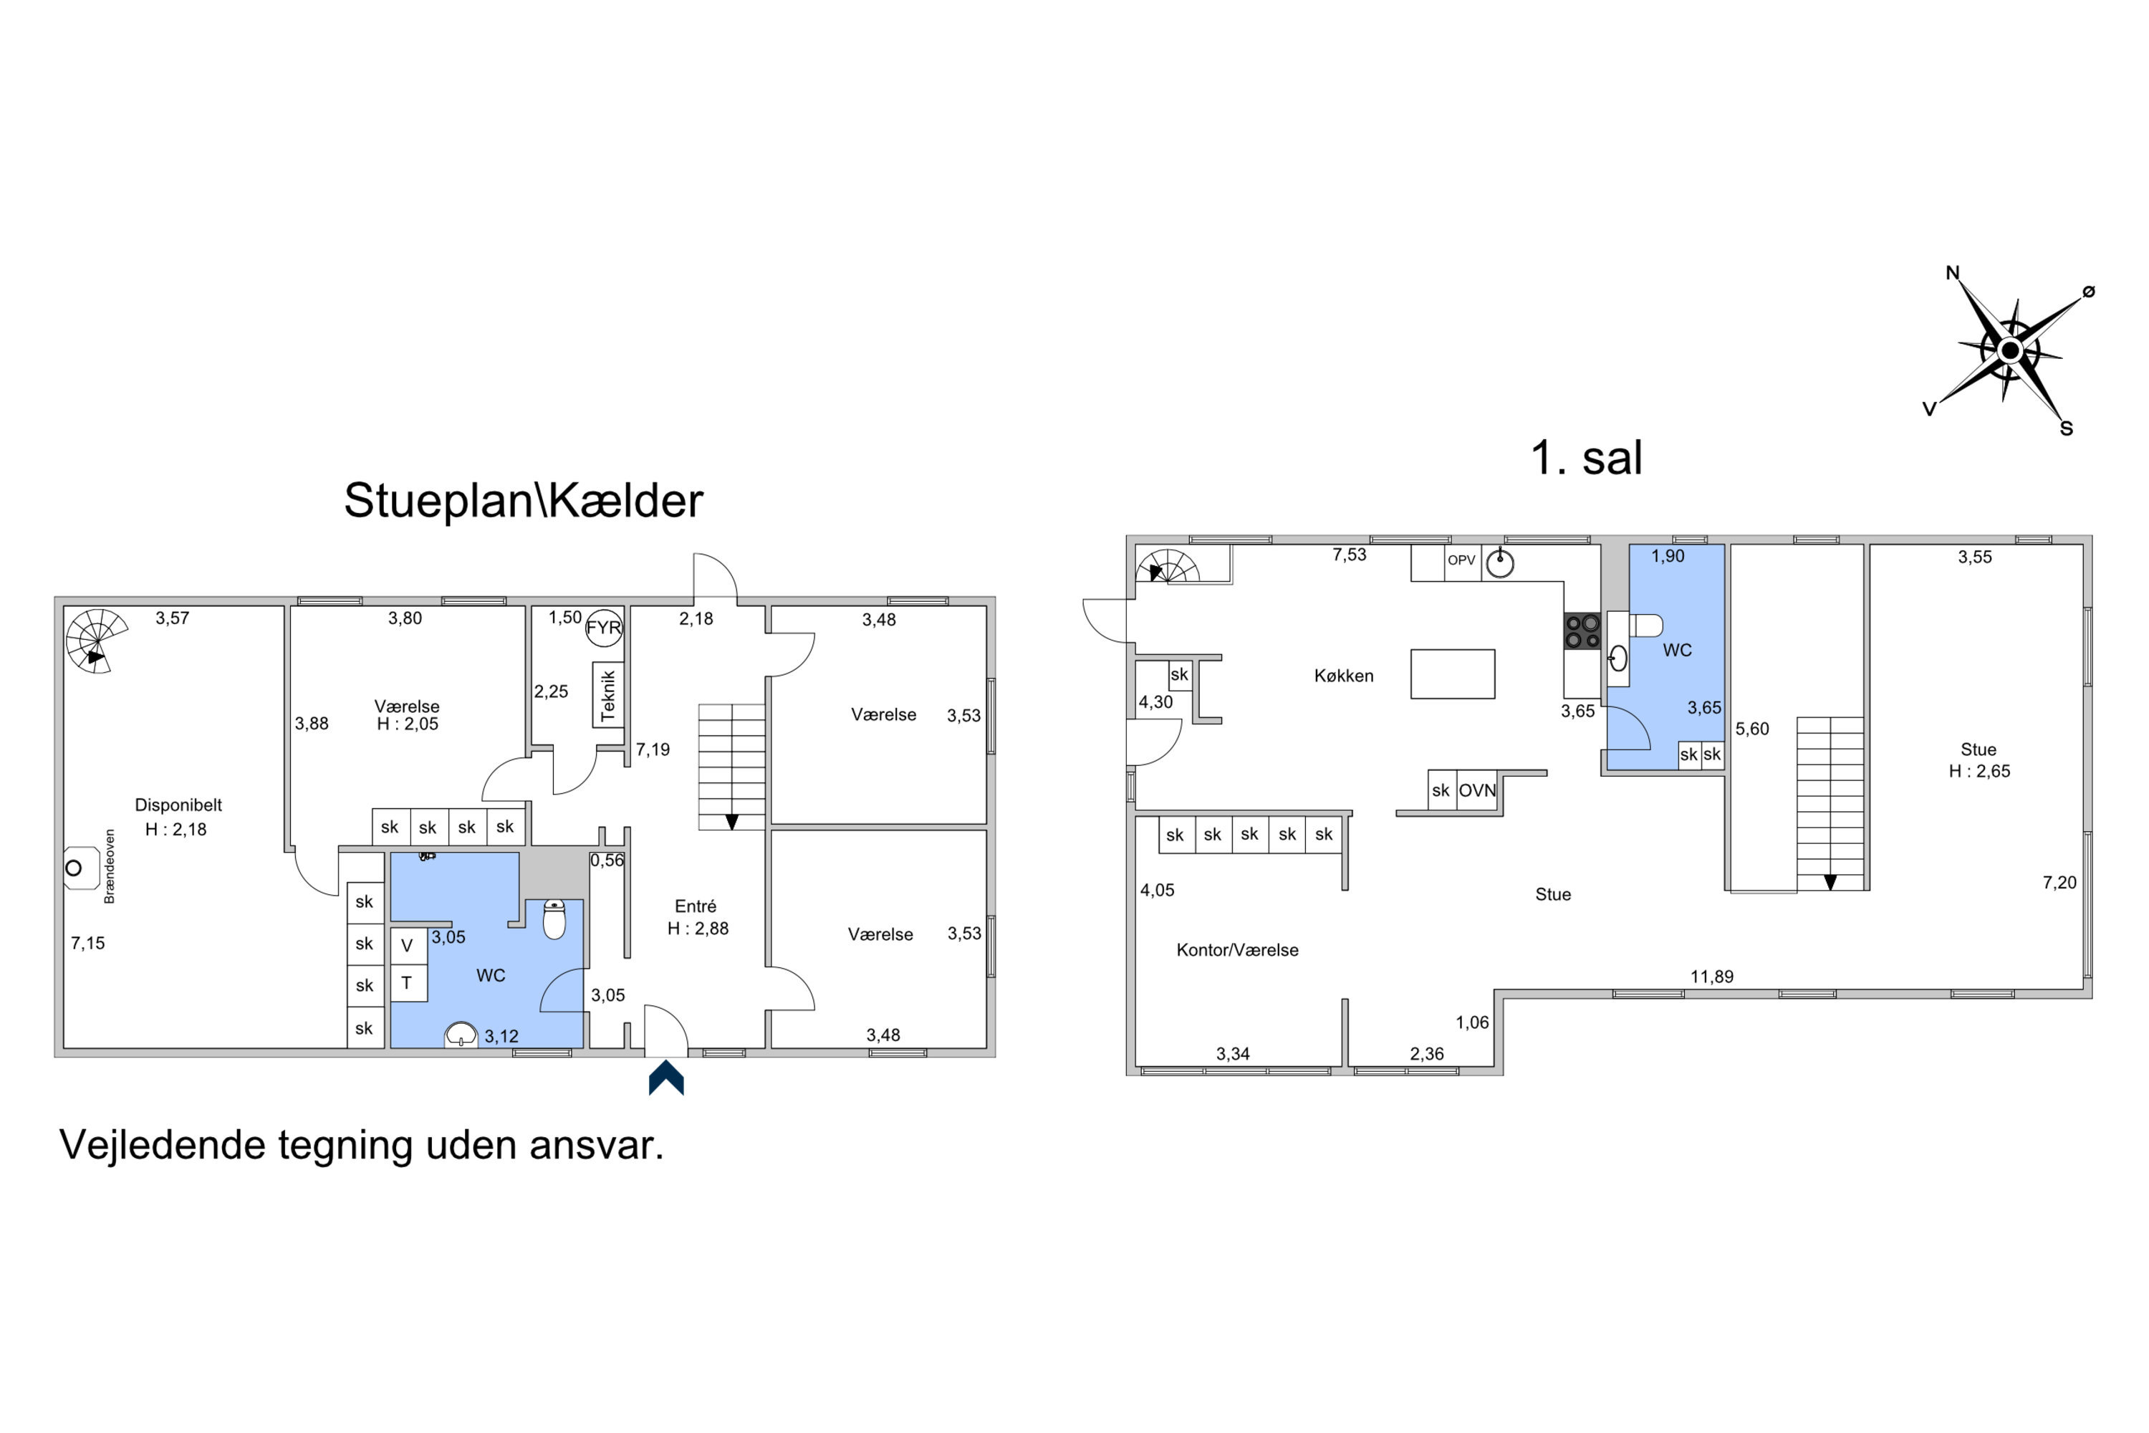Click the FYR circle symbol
603,628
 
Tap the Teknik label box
608,694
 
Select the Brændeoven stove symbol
80,867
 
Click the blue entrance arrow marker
666,1078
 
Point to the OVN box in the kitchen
1476,790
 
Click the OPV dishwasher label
1461,560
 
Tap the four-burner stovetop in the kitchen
1582,631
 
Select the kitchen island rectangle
1452,674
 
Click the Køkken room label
1343,676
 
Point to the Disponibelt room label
178,804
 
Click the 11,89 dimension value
1711,976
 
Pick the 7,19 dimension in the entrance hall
653,749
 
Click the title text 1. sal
1586,457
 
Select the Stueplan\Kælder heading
524,500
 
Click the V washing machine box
408,946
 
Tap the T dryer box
408,983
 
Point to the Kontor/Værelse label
1237,949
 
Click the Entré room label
696,906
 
